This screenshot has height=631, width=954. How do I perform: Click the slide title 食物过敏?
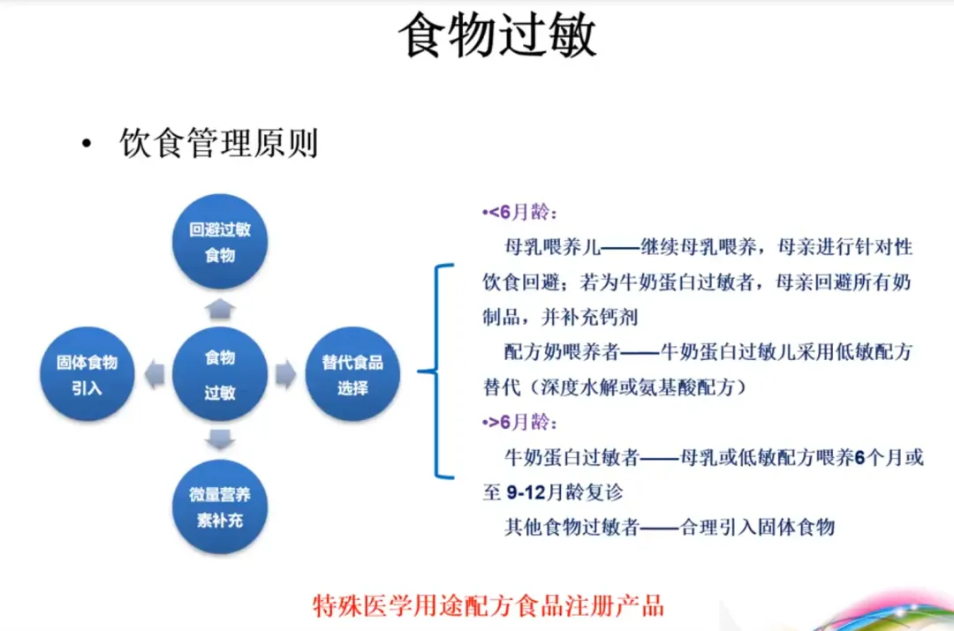coord(497,37)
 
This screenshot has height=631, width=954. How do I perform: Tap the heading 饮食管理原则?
coord(218,143)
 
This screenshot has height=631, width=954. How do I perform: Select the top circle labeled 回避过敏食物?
coord(220,242)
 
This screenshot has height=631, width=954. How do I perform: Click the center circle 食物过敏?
coord(220,374)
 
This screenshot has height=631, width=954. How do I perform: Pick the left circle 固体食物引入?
coord(87,374)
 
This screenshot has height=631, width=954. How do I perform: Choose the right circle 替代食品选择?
coord(352,374)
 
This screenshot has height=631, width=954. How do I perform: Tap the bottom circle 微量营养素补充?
coord(220,507)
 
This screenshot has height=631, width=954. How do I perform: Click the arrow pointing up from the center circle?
coord(220,308)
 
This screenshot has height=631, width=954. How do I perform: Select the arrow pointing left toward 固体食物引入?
coord(155,374)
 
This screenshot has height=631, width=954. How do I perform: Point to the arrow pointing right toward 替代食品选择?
coord(285,374)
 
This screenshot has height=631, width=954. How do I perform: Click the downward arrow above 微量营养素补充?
coord(220,439)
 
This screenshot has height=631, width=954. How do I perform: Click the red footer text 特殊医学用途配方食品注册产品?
coord(489,606)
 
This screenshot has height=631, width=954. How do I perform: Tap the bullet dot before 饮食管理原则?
coord(86,145)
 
